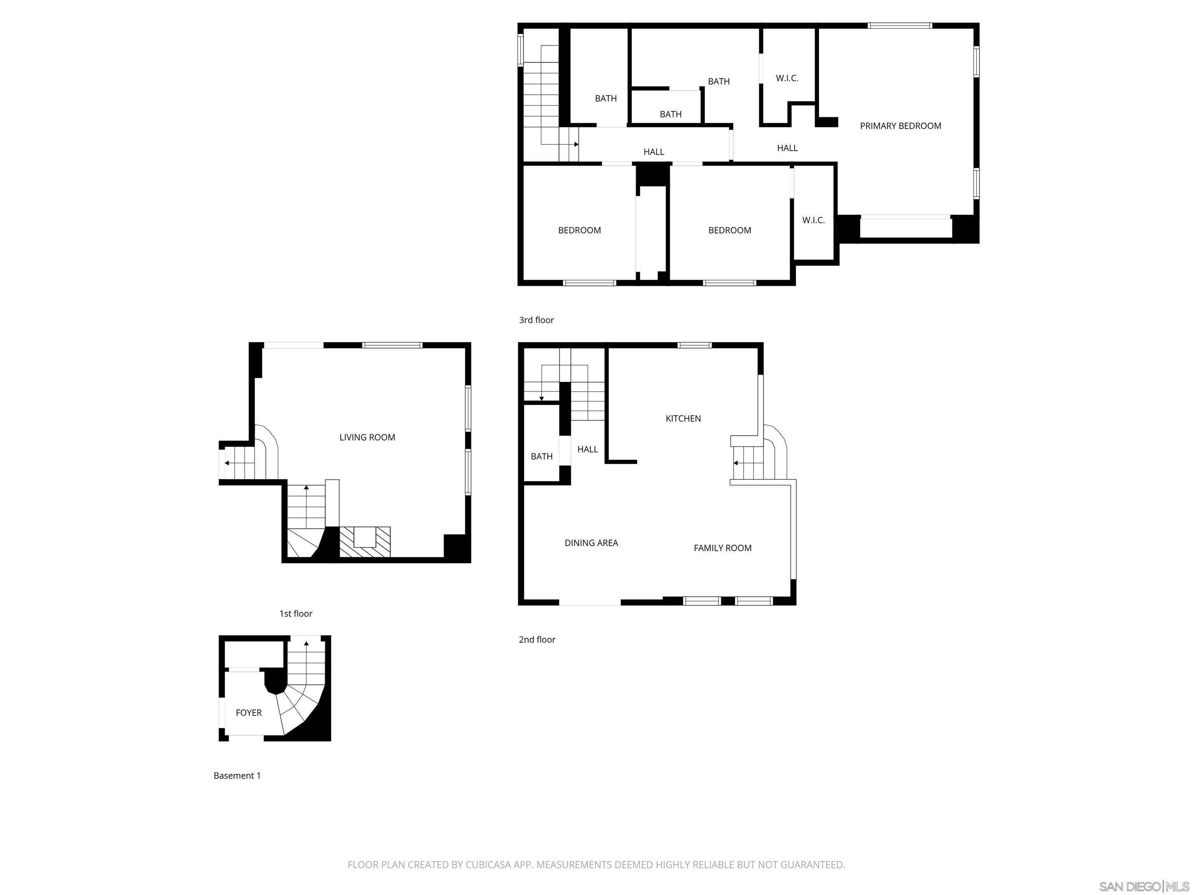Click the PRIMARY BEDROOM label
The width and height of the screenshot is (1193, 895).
[x=900, y=126]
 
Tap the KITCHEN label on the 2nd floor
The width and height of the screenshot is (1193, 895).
[x=683, y=418]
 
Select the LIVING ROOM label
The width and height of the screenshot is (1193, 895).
[x=367, y=437]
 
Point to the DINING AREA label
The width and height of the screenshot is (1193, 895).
[x=591, y=543]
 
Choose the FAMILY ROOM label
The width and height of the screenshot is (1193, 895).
[x=722, y=548]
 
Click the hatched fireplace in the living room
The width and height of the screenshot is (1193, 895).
[x=365, y=542]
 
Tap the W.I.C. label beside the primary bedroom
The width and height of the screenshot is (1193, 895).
[x=787, y=78]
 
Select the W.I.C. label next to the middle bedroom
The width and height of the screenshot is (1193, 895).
[x=813, y=220]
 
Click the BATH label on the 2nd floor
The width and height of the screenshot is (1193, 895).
[x=541, y=456]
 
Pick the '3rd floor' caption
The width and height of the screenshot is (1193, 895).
[x=536, y=320]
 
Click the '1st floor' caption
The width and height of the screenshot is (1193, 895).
[x=296, y=613]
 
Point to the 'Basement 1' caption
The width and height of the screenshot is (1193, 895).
[x=237, y=775]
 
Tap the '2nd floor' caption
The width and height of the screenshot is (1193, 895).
[x=537, y=639]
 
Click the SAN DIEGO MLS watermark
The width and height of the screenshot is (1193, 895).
[x=1143, y=886]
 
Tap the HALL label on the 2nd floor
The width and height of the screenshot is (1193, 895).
[x=587, y=449]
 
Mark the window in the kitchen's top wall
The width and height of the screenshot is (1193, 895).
[x=695, y=345]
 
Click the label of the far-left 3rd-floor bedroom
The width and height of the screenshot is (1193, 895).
[x=579, y=230]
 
